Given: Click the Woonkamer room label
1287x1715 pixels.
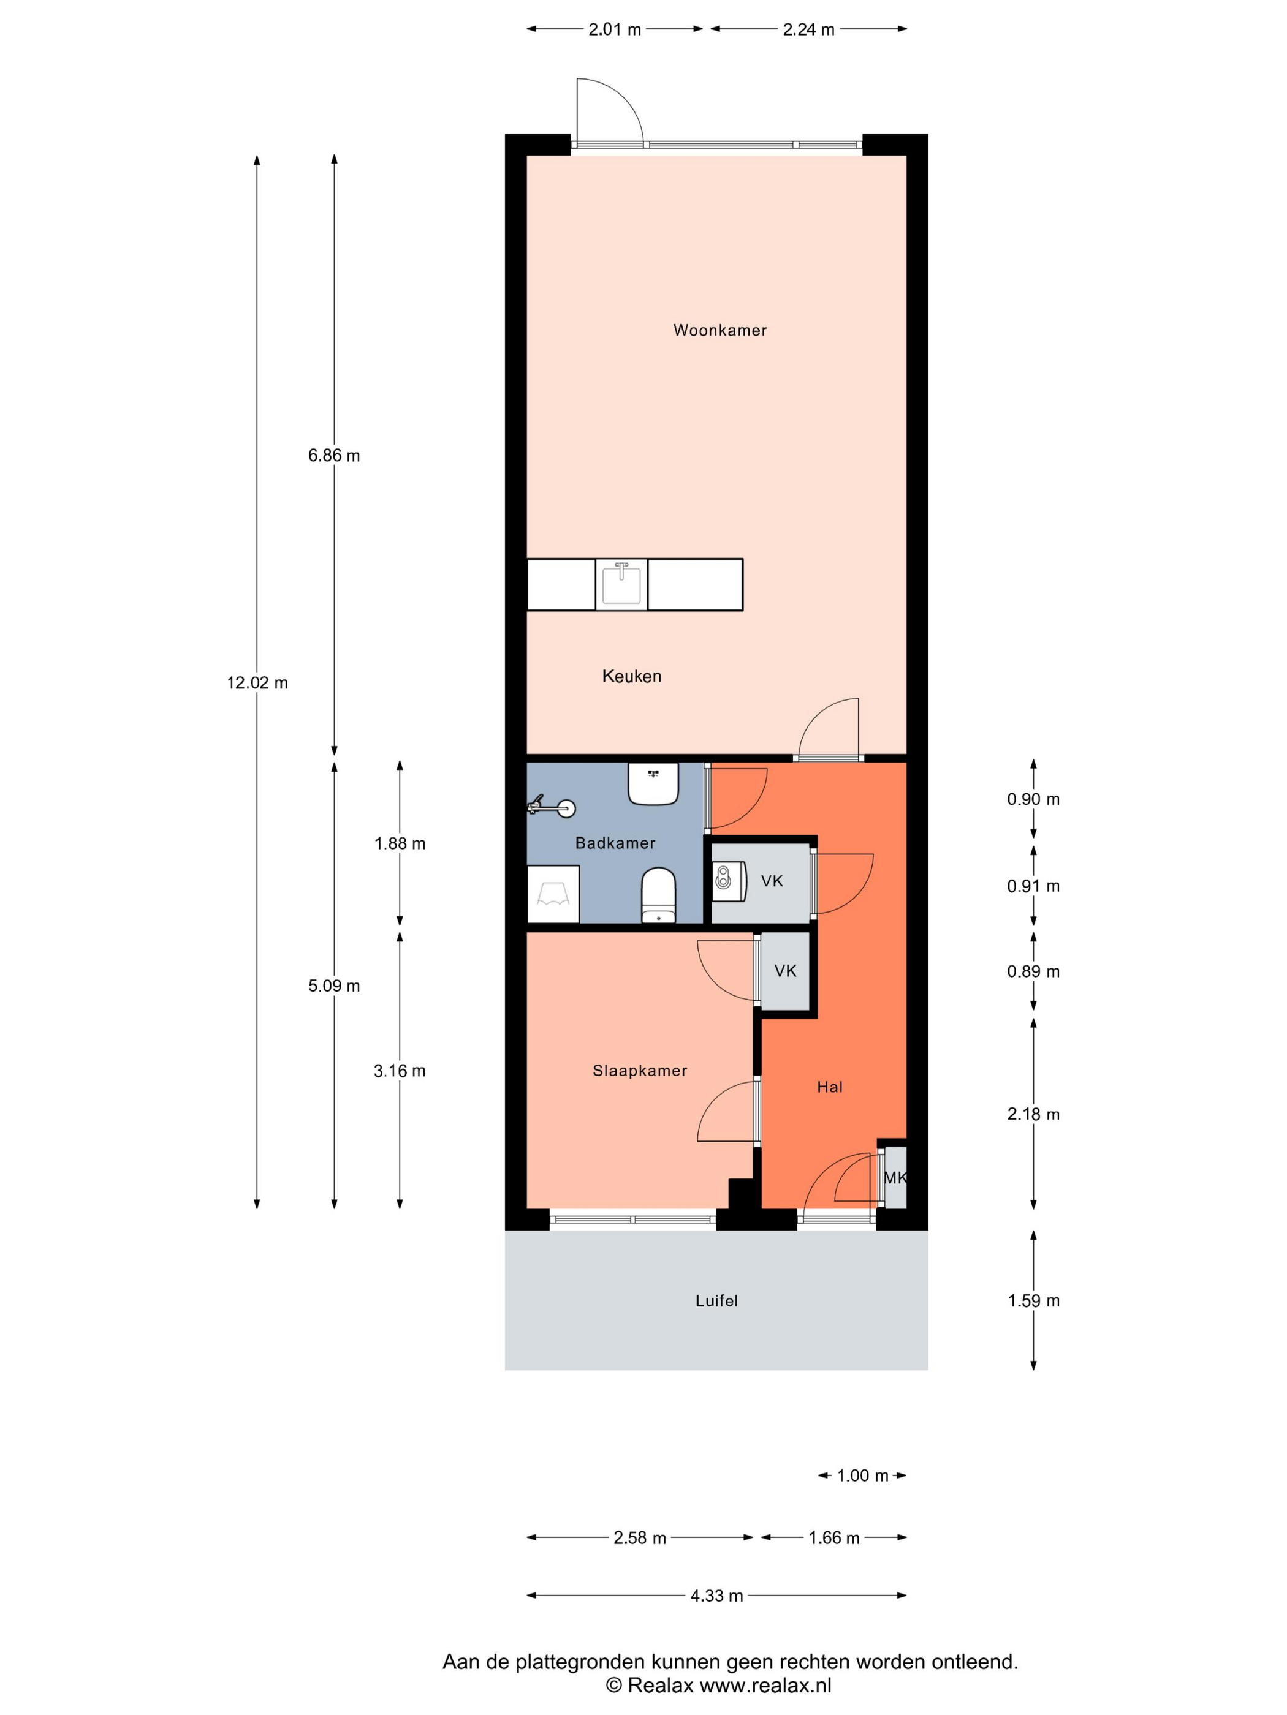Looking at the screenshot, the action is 719,330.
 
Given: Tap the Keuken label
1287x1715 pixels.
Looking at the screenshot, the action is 631,676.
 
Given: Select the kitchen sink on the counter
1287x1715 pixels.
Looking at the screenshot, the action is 621,584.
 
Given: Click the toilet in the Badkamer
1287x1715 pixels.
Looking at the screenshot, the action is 659,895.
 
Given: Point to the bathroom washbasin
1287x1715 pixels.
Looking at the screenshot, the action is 653,784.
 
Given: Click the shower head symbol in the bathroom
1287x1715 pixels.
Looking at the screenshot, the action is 552,808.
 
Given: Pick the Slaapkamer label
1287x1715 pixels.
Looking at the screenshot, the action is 640,1071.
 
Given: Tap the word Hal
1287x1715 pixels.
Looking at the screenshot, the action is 829,1087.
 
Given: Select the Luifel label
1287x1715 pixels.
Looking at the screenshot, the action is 716,1301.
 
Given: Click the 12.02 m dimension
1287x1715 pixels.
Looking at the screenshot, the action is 257,683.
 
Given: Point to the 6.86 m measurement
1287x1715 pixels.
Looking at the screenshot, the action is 333,456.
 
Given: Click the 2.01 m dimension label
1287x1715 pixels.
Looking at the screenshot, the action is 615,29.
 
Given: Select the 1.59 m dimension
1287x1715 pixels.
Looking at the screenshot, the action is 1033,1301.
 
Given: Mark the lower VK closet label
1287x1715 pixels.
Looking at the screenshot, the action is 785,971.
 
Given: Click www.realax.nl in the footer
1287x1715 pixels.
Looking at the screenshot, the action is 765,1685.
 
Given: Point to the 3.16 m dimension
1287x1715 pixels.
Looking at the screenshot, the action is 400,1071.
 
